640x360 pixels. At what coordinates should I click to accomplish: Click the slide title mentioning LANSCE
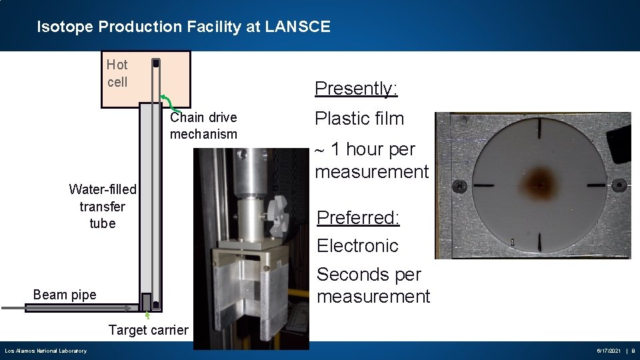(183, 27)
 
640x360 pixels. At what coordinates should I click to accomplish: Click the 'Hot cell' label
(117, 73)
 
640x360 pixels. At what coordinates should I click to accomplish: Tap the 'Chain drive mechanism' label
(203, 125)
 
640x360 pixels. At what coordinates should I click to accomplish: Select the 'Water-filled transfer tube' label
(103, 206)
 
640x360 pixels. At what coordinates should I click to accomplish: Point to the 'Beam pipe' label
(65, 295)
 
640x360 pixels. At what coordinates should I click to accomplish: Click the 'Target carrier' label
(148, 329)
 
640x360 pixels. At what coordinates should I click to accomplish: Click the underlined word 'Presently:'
(356, 88)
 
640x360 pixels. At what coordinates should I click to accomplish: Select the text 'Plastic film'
(359, 119)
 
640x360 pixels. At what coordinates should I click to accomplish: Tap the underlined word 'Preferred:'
(358, 217)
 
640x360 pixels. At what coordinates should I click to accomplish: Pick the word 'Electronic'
(357, 246)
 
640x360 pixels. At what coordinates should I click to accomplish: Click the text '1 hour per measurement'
(371, 160)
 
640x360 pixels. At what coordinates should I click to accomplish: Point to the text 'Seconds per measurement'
(373, 285)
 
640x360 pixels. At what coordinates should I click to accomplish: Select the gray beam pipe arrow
(67, 308)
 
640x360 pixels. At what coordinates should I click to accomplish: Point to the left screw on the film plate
(459, 185)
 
